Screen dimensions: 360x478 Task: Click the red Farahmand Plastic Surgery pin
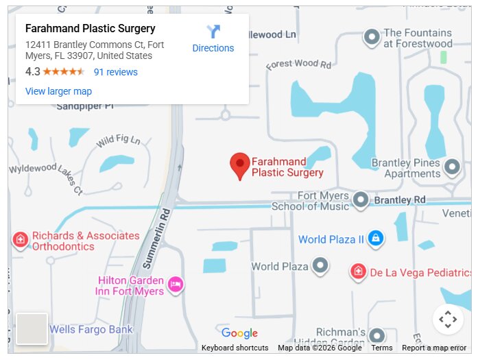click(x=239, y=165)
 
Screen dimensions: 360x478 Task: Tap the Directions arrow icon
click(x=213, y=32)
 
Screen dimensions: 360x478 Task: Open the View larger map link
click(x=58, y=91)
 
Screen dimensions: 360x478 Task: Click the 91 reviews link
click(x=115, y=72)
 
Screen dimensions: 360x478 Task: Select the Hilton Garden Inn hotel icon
click(x=176, y=284)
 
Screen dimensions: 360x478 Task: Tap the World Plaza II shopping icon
click(x=375, y=239)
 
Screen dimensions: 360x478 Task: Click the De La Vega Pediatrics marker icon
click(x=357, y=272)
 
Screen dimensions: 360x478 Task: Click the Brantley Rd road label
click(x=401, y=200)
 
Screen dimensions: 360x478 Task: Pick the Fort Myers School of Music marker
click(x=361, y=200)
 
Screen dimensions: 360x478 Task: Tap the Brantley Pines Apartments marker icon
click(x=452, y=167)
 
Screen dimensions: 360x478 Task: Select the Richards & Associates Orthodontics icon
click(x=21, y=239)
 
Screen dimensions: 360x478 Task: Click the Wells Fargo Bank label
click(x=91, y=330)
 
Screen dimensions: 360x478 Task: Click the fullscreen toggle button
click(x=448, y=319)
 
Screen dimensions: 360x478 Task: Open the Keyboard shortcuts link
click(x=235, y=348)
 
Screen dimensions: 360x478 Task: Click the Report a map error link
click(x=434, y=348)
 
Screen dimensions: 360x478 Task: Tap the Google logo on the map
click(x=239, y=334)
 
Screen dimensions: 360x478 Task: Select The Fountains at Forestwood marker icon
click(x=371, y=37)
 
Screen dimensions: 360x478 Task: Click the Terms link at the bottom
click(x=382, y=348)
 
